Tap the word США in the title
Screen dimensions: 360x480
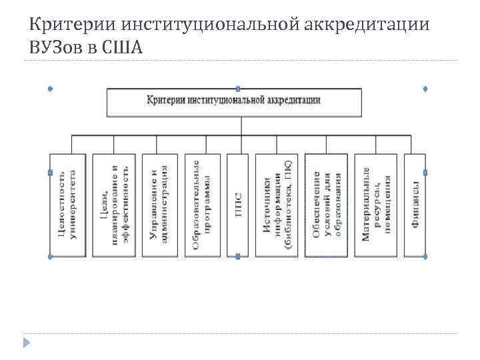tap(124, 48)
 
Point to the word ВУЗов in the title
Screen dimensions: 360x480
tap(54, 48)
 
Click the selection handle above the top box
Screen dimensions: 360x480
tap(238, 88)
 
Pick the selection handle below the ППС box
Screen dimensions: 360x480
tap(238, 256)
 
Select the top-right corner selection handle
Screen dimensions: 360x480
tap(425, 88)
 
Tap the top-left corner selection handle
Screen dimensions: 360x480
tap(50, 88)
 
